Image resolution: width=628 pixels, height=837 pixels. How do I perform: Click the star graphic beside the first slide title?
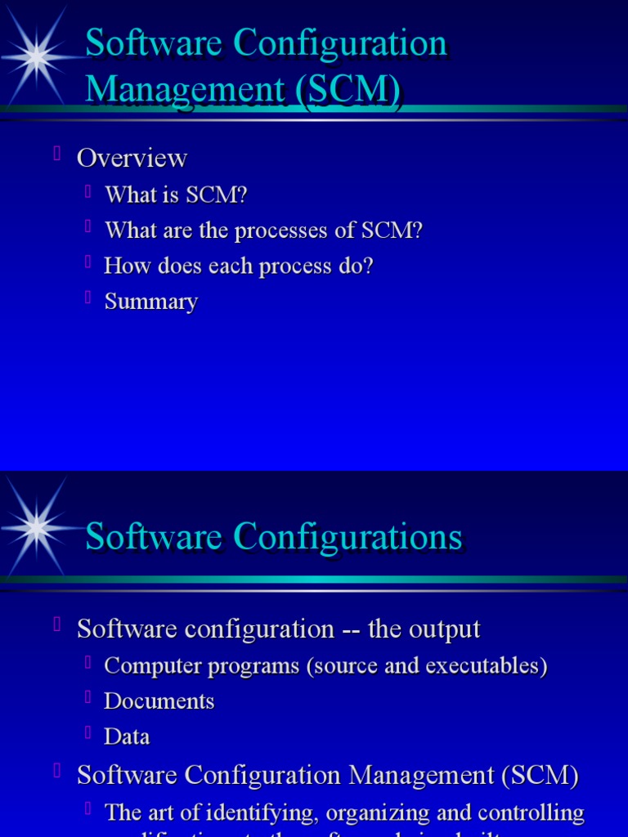[x=36, y=56]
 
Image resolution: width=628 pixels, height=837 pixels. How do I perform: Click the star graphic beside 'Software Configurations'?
[x=36, y=527]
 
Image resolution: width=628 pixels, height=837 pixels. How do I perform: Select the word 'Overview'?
[x=132, y=158]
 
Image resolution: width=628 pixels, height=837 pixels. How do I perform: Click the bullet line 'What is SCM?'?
[x=176, y=195]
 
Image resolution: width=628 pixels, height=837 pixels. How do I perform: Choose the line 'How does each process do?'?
[x=238, y=266]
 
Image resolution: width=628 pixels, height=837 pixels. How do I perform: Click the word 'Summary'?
[x=151, y=302]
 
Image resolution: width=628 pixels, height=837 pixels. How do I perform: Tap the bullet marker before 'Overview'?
[x=57, y=153]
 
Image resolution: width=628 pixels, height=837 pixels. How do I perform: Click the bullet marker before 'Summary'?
[x=87, y=298]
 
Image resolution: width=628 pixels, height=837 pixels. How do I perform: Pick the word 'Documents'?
[x=159, y=701]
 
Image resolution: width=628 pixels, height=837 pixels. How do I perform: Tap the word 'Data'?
[x=128, y=736]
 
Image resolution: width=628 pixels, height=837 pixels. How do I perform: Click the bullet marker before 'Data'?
[x=87, y=732]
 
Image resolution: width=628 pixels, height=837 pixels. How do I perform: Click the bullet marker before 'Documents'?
[x=87, y=696]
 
